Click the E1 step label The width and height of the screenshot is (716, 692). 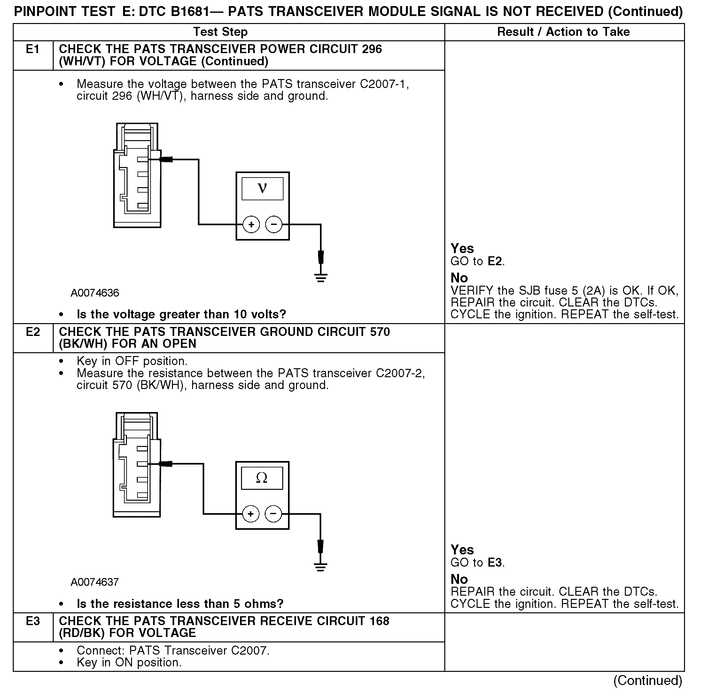pyautogui.click(x=33, y=49)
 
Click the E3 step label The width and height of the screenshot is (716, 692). pyautogui.click(x=33, y=621)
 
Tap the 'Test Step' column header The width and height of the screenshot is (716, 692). pyautogui.click(x=220, y=32)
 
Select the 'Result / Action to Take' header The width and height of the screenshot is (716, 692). pyautogui.click(x=563, y=32)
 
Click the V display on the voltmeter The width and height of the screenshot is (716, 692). pyautogui.click(x=262, y=189)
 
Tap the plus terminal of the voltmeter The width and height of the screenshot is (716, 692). pyautogui.click(x=251, y=225)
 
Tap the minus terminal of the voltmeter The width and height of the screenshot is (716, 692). pyautogui.click(x=274, y=225)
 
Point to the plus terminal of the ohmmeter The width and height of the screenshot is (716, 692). pyautogui.click(x=251, y=514)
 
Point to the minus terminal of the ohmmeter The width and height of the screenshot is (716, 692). pyautogui.click(x=273, y=514)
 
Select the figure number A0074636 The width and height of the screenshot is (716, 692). pyautogui.click(x=95, y=293)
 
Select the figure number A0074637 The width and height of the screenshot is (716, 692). pyautogui.click(x=95, y=582)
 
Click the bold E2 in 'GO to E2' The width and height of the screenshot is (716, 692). pyautogui.click(x=494, y=261)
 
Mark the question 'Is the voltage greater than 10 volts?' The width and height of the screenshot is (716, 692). pyautogui.click(x=181, y=314)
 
